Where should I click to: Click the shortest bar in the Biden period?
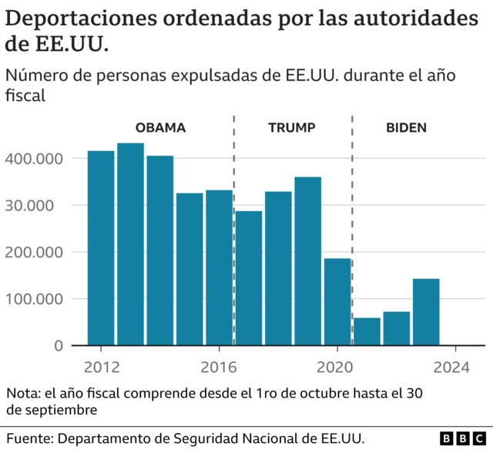click(x=367, y=331)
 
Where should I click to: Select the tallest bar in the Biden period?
click(x=426, y=312)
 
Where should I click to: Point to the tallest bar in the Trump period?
click(x=307, y=261)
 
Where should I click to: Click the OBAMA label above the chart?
click(x=160, y=128)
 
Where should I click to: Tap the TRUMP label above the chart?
click(x=291, y=128)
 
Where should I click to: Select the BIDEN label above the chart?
click(x=406, y=128)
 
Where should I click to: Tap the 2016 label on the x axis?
click(x=219, y=367)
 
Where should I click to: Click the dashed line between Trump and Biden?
click(x=352, y=231)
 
